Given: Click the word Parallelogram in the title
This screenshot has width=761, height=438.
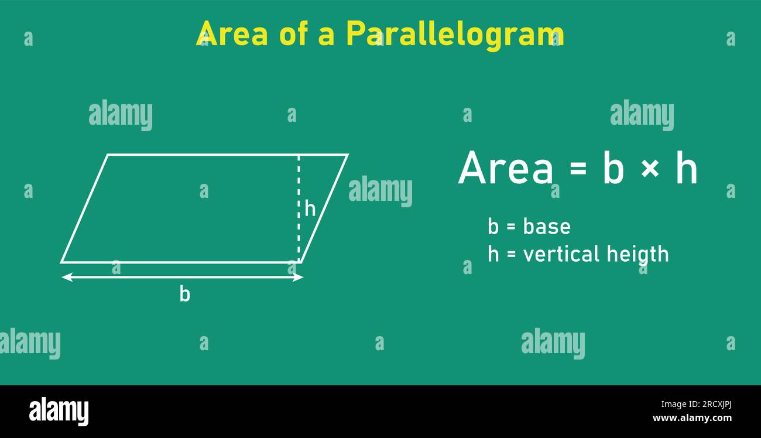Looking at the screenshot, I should [455, 33].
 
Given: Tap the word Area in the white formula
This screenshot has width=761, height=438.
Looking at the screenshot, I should [505, 169].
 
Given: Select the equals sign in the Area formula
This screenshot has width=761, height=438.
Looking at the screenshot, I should [577, 169].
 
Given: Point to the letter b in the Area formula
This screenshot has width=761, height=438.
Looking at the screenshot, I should [613, 169].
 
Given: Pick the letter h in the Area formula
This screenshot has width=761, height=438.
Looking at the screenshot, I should [686, 169].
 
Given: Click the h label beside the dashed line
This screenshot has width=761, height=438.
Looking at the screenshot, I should [310, 208].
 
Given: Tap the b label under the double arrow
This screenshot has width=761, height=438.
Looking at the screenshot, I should [184, 295].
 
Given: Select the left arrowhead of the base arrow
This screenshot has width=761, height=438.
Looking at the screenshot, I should [66, 277].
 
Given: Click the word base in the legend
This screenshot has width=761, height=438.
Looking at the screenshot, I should [547, 227].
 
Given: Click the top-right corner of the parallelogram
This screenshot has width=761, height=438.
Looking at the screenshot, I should [347, 155].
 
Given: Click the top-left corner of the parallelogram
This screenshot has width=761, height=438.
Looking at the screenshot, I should [108, 155].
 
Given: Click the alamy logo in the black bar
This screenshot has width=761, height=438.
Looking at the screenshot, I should [59, 411].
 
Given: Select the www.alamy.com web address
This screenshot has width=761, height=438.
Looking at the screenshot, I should [691, 418].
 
